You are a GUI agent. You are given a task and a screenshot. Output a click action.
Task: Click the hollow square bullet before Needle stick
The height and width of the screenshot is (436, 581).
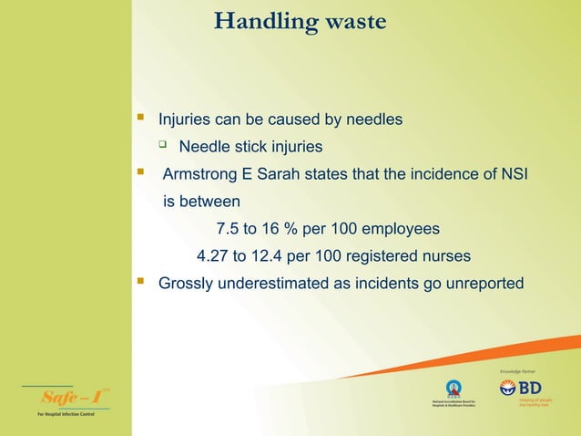163,145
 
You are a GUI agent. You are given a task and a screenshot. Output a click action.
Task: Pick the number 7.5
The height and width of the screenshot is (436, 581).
228,228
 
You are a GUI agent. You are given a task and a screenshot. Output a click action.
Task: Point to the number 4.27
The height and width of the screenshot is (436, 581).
213,255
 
